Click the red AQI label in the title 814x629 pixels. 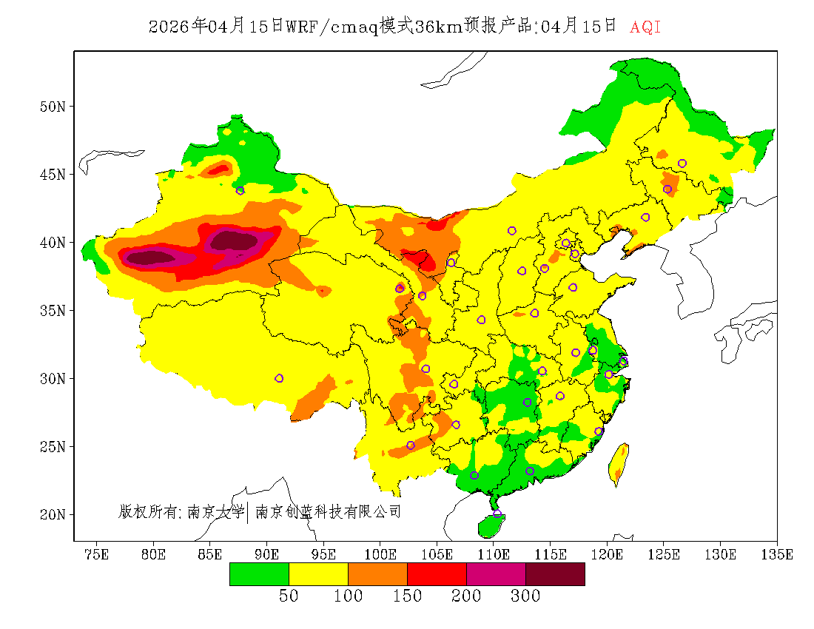pyautogui.click(x=645, y=27)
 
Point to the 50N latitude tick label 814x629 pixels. pyautogui.click(x=52, y=107)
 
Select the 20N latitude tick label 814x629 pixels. pyautogui.click(x=52, y=514)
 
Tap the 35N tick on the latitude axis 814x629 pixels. pyautogui.click(x=52, y=310)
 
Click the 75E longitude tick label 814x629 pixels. pyautogui.click(x=97, y=554)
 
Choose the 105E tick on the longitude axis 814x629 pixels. pyautogui.click(x=437, y=554)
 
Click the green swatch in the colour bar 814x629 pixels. pyautogui.click(x=259, y=573)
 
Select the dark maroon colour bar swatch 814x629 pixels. pyautogui.click(x=555, y=573)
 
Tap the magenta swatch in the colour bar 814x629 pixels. pyautogui.click(x=496, y=573)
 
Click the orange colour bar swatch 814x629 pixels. pyautogui.click(x=377, y=573)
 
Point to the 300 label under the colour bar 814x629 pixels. pyautogui.click(x=525, y=596)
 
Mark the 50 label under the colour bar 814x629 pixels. pyautogui.click(x=289, y=596)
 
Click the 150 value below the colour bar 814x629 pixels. pyautogui.click(x=407, y=596)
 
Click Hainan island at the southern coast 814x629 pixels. pyautogui.click(x=491, y=525)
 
